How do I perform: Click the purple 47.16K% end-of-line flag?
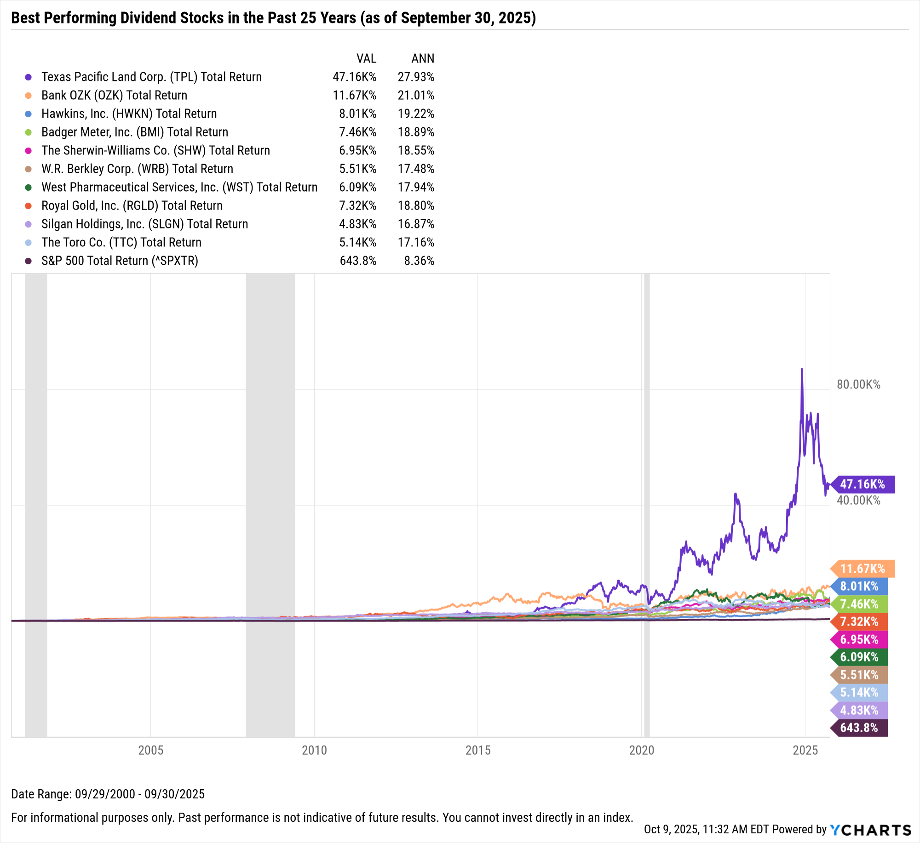click(x=863, y=484)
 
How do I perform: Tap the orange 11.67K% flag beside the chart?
click(x=863, y=569)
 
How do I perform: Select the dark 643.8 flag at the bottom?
click(x=859, y=728)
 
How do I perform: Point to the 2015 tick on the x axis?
click(x=478, y=750)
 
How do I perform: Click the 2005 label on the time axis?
click(x=151, y=750)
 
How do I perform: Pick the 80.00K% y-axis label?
click(x=858, y=384)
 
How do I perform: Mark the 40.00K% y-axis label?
click(x=858, y=500)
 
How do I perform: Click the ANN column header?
click(x=423, y=58)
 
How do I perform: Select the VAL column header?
click(x=366, y=58)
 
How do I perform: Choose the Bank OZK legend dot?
click(x=29, y=96)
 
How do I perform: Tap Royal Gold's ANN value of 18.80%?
click(x=416, y=205)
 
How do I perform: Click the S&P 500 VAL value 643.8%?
click(x=358, y=261)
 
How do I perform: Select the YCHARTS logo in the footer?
click(x=870, y=830)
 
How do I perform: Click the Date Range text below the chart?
click(x=108, y=794)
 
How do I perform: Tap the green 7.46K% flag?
click(x=859, y=604)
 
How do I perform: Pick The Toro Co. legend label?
click(x=121, y=242)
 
